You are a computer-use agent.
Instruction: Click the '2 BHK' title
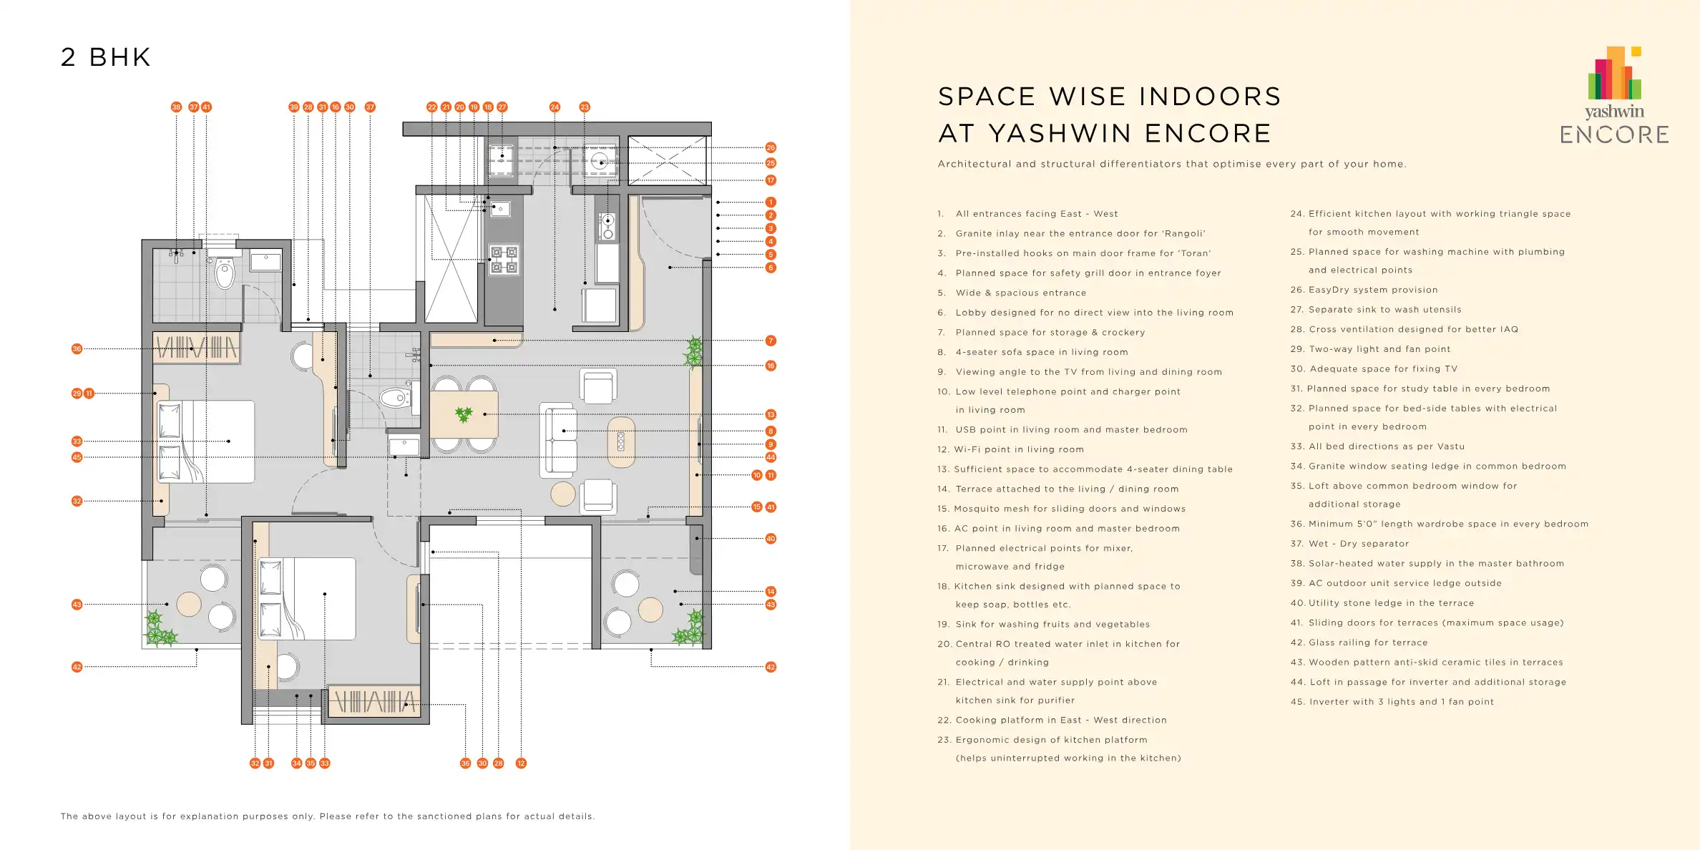point(106,57)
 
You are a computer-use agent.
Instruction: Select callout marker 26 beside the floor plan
point(771,147)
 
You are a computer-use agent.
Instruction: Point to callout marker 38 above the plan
point(176,107)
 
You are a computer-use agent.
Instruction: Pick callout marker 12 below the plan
point(521,763)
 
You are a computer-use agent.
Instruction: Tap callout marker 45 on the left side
point(77,457)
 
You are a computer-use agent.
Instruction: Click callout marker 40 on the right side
point(771,539)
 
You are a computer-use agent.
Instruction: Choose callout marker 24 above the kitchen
point(555,107)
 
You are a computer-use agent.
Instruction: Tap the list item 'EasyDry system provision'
point(1364,290)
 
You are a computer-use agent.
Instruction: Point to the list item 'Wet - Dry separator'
point(1349,544)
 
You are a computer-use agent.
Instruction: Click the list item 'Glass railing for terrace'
point(1359,643)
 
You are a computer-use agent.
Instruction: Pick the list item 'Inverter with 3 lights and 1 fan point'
point(1392,702)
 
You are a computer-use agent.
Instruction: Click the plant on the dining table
point(464,414)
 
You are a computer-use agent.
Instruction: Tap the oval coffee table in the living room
point(621,441)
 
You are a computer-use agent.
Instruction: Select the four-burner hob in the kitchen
point(504,260)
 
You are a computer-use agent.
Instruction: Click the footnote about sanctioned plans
point(328,816)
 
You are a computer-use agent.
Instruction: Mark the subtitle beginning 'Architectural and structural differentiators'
point(1172,164)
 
